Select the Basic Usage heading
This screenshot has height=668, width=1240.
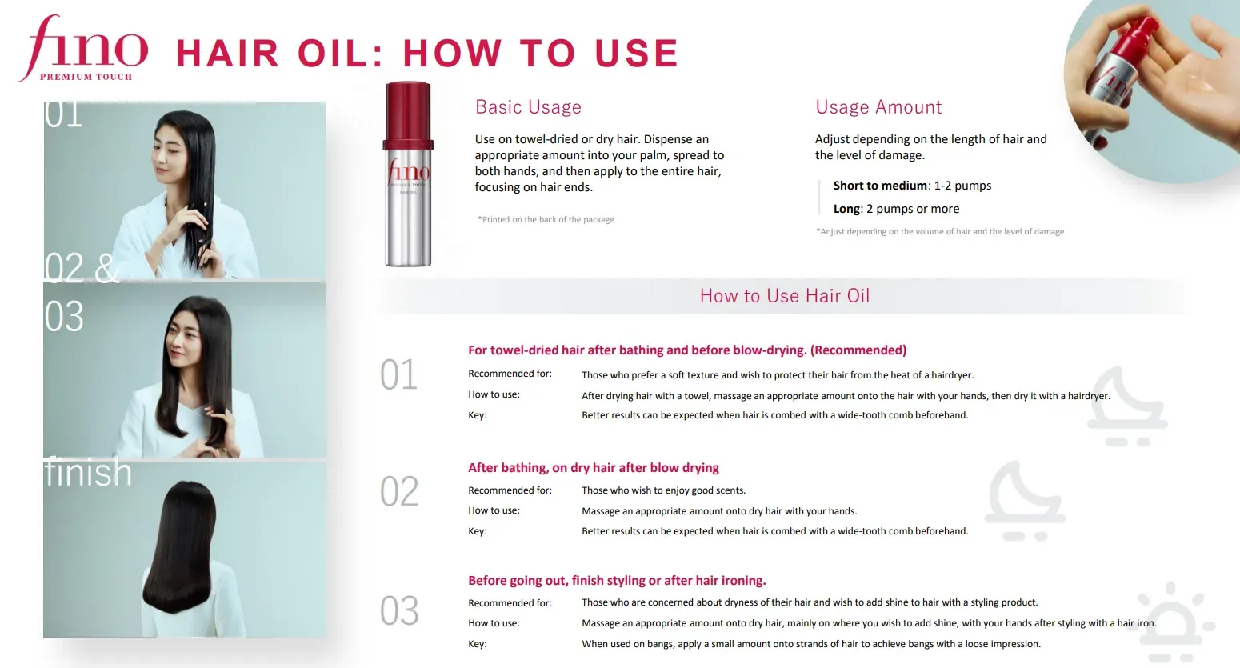pos(528,107)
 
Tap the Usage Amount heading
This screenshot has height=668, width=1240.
pos(878,107)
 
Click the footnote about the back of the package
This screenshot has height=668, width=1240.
pos(546,219)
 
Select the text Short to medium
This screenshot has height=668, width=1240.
pos(880,186)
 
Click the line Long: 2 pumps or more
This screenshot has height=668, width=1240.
pos(896,209)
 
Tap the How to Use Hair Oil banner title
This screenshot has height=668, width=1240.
pos(784,296)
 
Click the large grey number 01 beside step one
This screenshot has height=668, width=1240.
pos(398,375)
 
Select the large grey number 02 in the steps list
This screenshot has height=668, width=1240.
pos(398,492)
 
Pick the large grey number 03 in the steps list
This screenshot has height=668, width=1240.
pos(398,611)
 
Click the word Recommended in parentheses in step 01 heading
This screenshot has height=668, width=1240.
pos(858,350)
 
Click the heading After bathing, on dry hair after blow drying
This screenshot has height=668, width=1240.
pos(593,468)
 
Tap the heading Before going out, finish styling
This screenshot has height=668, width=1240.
pos(617,581)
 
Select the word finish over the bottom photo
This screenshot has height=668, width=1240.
pos(88,473)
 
